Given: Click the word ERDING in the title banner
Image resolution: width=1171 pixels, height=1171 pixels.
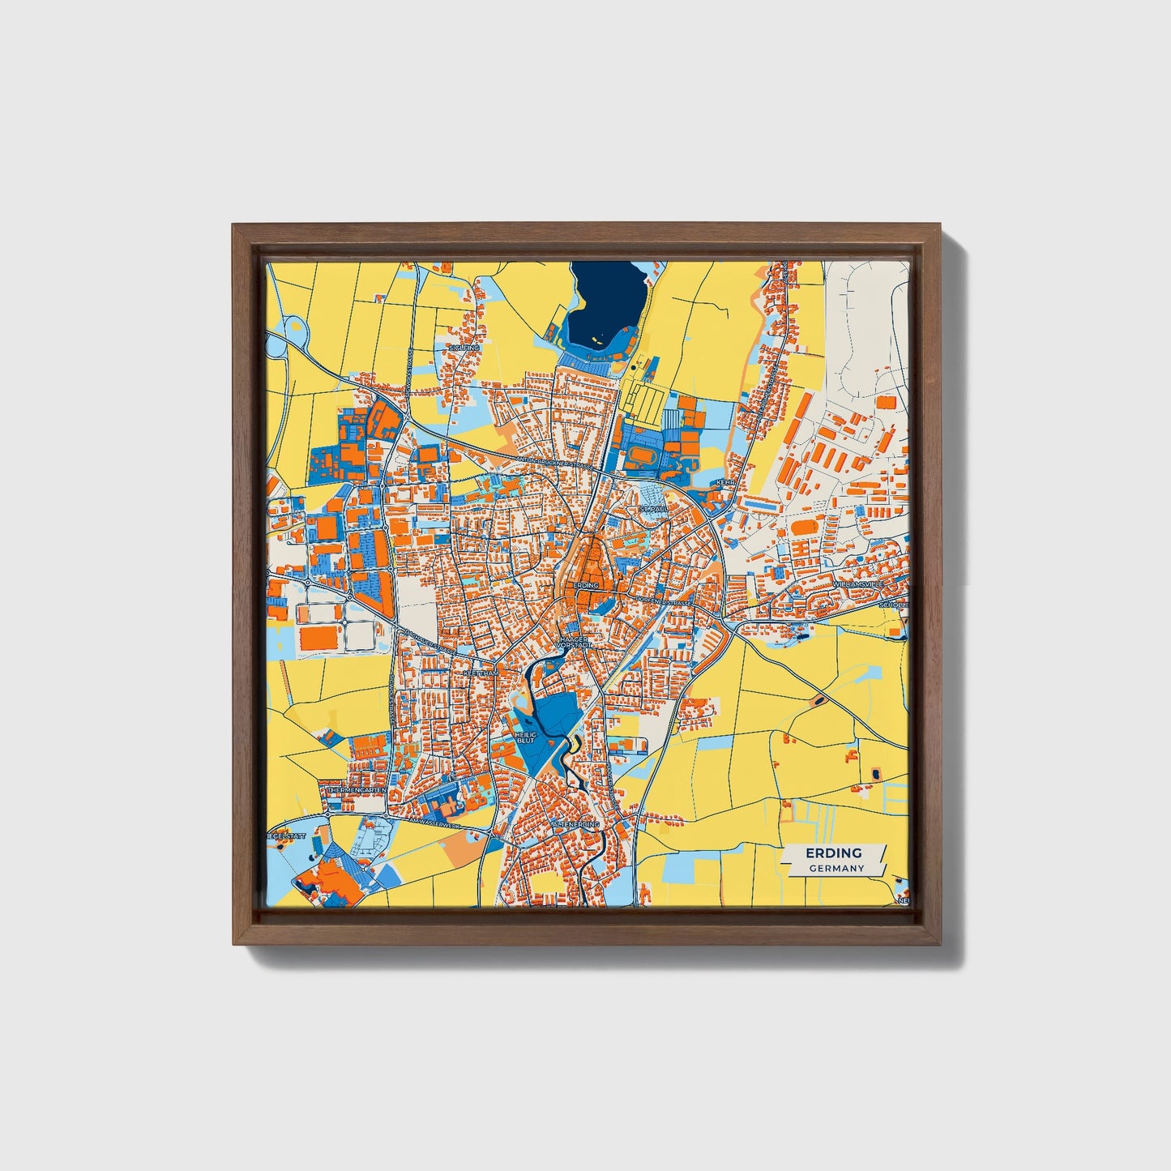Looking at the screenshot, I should tap(833, 853).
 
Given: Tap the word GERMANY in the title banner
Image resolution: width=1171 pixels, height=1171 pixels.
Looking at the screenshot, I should tap(836, 868).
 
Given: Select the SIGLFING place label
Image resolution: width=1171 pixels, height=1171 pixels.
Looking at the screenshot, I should tap(464, 348).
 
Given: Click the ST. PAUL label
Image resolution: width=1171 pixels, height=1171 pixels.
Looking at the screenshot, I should tap(651, 509).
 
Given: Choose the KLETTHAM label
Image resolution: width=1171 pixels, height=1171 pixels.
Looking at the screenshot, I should tap(481, 673).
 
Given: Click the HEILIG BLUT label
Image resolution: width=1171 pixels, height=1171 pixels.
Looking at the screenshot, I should tap(526, 737).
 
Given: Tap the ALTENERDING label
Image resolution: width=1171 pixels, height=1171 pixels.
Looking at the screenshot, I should tap(575, 824).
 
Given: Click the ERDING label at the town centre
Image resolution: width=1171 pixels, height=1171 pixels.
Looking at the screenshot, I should tap(585, 584).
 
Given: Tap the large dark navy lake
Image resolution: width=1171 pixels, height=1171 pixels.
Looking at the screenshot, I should tap(606, 301).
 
